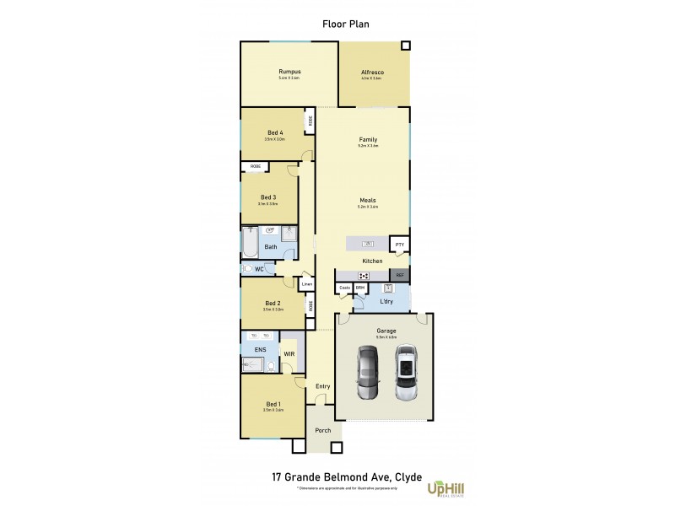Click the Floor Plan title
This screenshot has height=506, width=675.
click(346, 24)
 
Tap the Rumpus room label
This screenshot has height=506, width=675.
click(289, 72)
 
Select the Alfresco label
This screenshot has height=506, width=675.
click(371, 73)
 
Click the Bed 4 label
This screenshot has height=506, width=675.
click(274, 132)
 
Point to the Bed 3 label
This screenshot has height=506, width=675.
click(267, 196)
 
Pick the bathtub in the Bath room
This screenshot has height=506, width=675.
click(250, 242)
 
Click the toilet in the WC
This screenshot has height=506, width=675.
click(248, 268)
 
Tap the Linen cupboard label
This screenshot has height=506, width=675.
click(307, 284)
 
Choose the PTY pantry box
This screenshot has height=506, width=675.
click(400, 245)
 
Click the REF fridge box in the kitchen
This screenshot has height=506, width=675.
click(400, 275)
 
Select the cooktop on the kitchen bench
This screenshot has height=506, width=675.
click(364, 275)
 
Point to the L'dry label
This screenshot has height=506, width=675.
click(386, 301)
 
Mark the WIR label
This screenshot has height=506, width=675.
click(289, 354)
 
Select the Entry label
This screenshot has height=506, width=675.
click(322, 386)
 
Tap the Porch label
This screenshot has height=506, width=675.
click(322, 430)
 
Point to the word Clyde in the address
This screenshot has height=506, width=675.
click(401, 476)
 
